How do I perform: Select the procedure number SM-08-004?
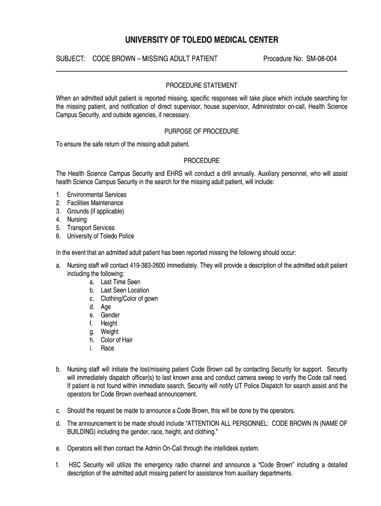pos(321,59)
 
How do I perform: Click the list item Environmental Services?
pos(96,195)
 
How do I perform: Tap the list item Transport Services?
pos(91,228)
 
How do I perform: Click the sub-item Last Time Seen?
pos(120,282)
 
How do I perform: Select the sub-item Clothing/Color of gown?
pos(129,298)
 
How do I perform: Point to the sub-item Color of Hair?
pos(116,340)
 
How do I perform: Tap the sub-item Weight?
pos(109,332)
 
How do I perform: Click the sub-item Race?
pos(107,348)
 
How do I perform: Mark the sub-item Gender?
pos(110,315)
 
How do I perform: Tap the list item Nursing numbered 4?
pos(77,219)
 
